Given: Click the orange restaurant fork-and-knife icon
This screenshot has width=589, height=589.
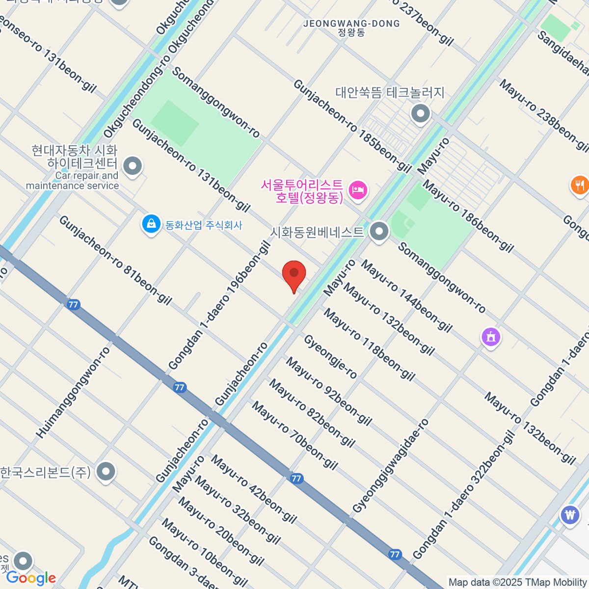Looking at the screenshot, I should [580, 185].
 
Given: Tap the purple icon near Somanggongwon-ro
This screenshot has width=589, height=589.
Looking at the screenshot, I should [491, 337].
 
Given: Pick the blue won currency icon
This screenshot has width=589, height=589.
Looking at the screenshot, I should [570, 515].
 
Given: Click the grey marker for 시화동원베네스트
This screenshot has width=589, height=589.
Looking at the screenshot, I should [379, 232].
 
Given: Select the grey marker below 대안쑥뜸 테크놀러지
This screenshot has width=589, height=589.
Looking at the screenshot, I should [421, 114].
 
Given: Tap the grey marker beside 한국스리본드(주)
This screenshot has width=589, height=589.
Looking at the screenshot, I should [106, 472].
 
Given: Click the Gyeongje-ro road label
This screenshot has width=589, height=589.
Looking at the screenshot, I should [330, 357].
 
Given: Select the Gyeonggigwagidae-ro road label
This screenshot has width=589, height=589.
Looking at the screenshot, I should [391, 466].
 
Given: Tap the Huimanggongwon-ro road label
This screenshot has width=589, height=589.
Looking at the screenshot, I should [74, 393].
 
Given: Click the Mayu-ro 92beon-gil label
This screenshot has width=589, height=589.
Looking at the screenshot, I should [328, 391].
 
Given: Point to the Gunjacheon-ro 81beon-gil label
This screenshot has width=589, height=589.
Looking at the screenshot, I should [115, 260].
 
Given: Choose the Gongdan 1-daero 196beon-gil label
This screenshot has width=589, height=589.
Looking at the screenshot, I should [219, 305].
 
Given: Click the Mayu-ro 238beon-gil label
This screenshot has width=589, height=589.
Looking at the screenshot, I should [544, 115].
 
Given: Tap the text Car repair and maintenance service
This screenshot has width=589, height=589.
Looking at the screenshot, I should [73, 181].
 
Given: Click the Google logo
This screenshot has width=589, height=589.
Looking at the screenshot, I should [31, 578].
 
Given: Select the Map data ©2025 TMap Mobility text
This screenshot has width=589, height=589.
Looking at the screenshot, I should [517, 583].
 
